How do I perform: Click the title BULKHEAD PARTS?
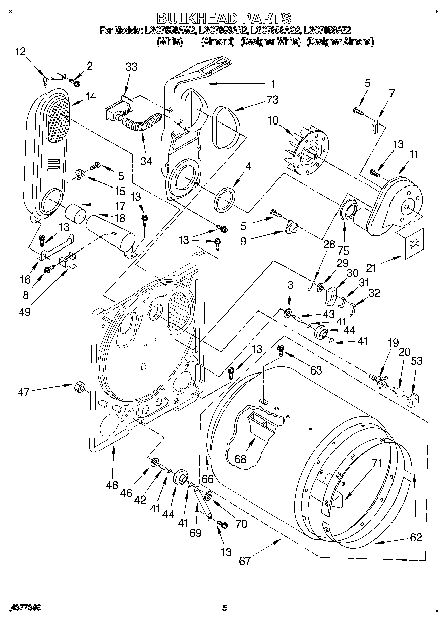[224, 19]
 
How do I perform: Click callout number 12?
[20, 51]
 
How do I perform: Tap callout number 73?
[272, 100]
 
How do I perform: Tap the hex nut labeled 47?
[79, 387]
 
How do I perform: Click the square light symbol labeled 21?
[414, 244]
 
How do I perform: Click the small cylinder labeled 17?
[77, 213]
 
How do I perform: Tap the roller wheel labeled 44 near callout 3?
[320, 332]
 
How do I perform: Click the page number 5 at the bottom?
[224, 608]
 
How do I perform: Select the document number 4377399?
[25, 608]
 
